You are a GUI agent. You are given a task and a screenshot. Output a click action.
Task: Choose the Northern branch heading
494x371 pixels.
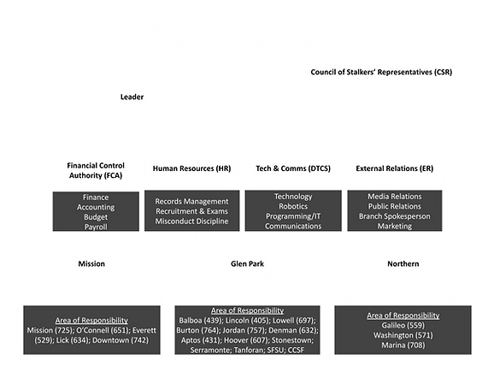pos(403,264)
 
